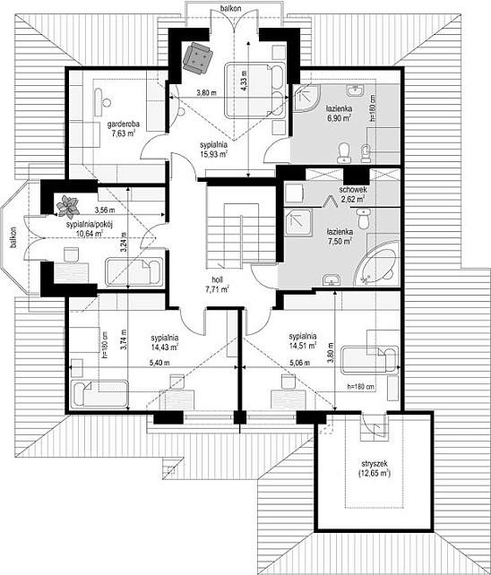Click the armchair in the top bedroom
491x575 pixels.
tap(198, 57)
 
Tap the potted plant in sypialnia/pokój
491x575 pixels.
tap(67, 207)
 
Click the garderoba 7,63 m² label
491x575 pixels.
tap(123, 128)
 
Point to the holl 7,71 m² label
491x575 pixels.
tap(217, 284)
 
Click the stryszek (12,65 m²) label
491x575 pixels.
tap(375, 468)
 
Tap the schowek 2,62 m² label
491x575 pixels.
tap(352, 194)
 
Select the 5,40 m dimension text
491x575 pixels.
tap(159, 363)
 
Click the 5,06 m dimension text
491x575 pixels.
tap(300, 363)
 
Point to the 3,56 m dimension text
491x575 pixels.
tap(105, 210)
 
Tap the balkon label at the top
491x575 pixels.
tap(231, 8)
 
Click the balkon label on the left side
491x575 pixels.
tap(13, 237)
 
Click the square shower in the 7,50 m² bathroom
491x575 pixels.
tap(298, 223)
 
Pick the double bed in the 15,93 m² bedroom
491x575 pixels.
tap(255, 90)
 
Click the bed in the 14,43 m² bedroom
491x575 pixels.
tap(99, 394)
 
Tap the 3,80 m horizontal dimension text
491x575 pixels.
tap(206, 93)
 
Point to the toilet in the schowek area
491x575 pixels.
tap(363, 219)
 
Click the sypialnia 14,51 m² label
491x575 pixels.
tap(303, 340)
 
